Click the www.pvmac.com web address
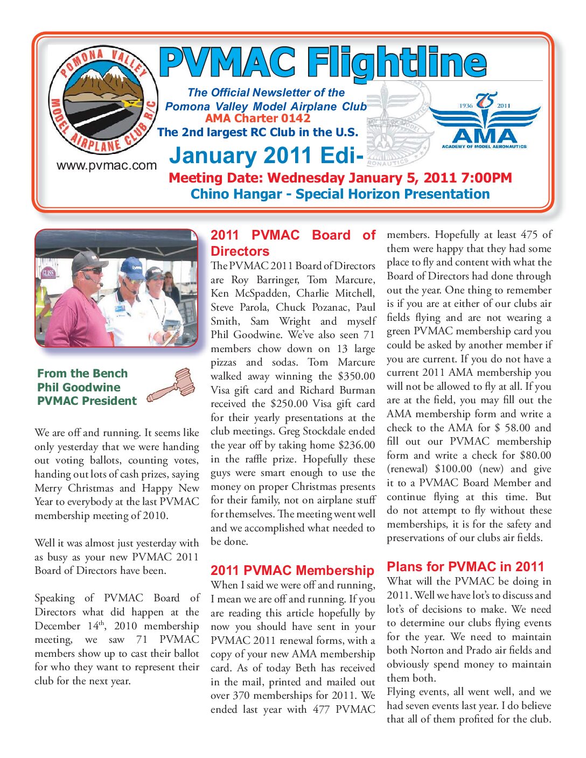106,165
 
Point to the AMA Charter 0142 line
257,118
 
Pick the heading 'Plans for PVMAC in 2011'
465,566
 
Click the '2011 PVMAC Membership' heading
292,570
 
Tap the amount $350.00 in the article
356,376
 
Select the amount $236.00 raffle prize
356,445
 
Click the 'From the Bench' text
82,374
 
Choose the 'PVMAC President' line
87,401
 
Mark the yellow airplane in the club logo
131,103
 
